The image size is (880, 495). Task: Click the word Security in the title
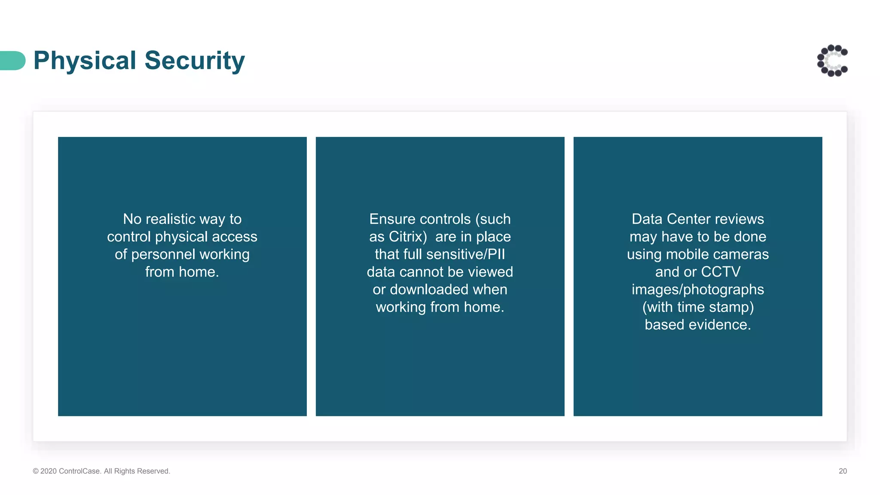click(x=194, y=61)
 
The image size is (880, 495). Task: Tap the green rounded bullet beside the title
click(x=13, y=61)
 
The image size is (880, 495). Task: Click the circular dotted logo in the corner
click(x=832, y=61)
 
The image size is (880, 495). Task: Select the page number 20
click(x=843, y=471)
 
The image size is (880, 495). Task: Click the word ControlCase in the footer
click(x=79, y=471)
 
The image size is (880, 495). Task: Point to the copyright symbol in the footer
click(x=36, y=471)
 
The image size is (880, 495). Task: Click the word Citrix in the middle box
click(x=407, y=237)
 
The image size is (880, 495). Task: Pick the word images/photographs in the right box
click(x=697, y=290)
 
